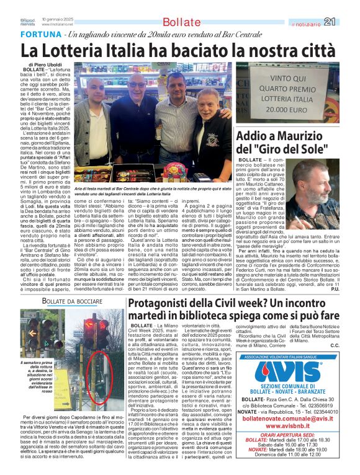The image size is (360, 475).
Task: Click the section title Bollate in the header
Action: pyautogui.click(x=181, y=22)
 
